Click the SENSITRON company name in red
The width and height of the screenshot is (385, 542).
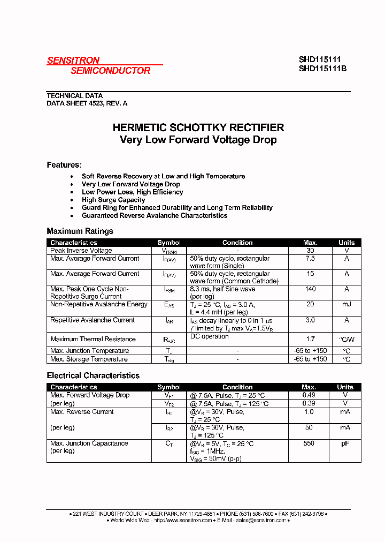pos(73,61)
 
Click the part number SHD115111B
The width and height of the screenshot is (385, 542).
pos(322,69)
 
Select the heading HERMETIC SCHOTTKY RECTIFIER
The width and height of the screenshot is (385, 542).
pos(198,128)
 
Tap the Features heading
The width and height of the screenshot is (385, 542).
pos(64,165)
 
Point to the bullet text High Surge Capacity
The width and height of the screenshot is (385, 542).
pos(113,200)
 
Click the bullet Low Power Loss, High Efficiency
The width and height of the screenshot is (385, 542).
pos(132,192)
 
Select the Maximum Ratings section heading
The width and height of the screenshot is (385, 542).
pos(80,231)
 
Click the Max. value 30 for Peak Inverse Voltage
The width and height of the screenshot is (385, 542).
pos(310,251)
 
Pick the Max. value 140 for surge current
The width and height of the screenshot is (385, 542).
pos(310,289)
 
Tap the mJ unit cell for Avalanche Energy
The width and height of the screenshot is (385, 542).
pos(346,305)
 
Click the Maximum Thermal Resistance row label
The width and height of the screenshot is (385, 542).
pos(93,339)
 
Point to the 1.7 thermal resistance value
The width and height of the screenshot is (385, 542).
pos(310,339)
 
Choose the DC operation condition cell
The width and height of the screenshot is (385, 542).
pos(209,336)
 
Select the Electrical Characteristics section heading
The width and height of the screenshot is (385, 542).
pos(93,376)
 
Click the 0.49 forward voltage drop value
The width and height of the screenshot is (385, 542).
pos(309,395)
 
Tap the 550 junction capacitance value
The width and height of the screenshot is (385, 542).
pos(309,443)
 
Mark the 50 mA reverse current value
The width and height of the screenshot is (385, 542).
pos(309,428)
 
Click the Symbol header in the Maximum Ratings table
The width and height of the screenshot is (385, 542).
pos(169,243)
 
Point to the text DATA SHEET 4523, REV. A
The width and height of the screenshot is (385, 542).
pos(87,103)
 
